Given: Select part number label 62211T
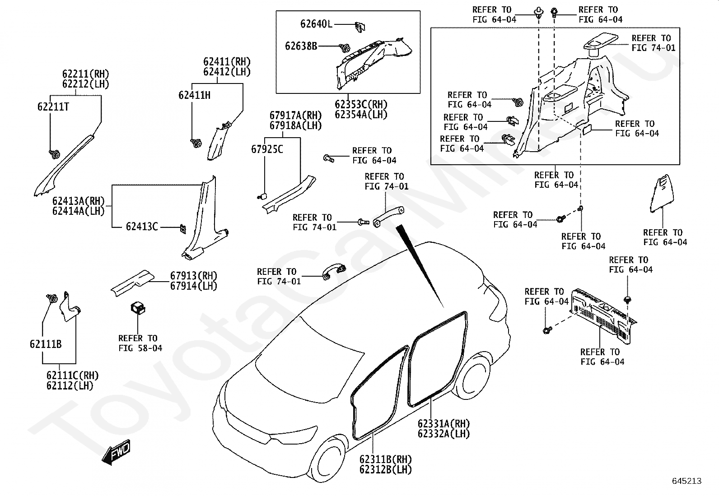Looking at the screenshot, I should [53, 107].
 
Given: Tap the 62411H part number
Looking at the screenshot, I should [194, 95].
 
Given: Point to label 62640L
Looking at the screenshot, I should [316, 24].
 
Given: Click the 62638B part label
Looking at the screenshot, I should [301, 46].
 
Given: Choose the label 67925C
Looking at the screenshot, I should [267, 149].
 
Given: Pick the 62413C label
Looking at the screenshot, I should [142, 227].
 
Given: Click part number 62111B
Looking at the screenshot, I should [46, 344].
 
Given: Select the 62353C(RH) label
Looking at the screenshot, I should [361, 105].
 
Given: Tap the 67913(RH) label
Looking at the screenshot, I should [193, 276].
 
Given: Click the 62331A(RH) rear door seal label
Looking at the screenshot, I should [444, 424].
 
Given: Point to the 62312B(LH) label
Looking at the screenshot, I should [386, 469].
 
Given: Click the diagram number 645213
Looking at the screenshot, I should [686, 481].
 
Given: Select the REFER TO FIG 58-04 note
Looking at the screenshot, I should [140, 343].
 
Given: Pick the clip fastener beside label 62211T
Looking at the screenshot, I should [54, 154].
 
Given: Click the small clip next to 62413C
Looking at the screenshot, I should [182, 228].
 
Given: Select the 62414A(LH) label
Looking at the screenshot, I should [78, 211].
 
